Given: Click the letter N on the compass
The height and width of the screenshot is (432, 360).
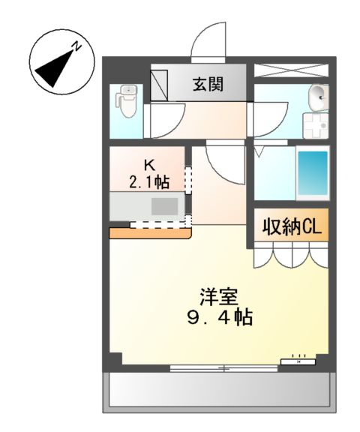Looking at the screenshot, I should [x=77, y=47].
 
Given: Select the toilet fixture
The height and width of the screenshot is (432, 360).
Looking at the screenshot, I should [x=127, y=103].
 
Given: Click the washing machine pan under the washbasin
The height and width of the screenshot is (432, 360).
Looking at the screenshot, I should [x=314, y=124].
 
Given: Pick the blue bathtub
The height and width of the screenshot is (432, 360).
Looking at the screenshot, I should [x=313, y=174].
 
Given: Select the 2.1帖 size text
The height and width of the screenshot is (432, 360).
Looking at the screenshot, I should [x=148, y=181].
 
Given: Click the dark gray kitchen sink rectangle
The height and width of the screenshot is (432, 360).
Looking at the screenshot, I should [x=162, y=206].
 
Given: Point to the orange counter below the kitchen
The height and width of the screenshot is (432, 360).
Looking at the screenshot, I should [x=150, y=233].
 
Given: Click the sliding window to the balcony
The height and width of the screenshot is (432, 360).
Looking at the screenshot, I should [x=223, y=367].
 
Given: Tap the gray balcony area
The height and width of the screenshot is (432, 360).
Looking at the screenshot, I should [x=218, y=391].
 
